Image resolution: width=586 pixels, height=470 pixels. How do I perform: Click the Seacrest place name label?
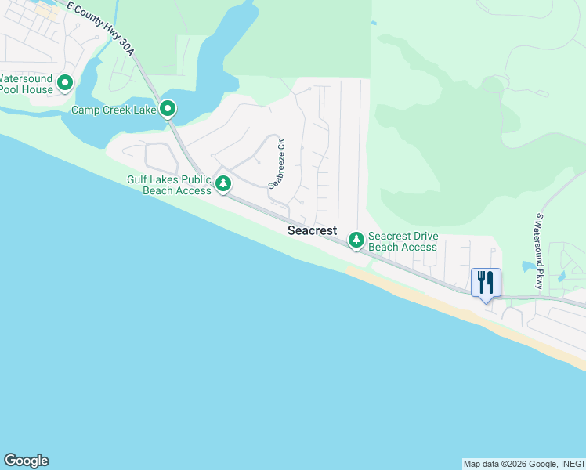[x=312, y=230]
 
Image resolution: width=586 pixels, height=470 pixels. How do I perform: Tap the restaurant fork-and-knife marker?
[x=486, y=283]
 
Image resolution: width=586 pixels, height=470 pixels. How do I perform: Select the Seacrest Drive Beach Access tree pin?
[x=356, y=238]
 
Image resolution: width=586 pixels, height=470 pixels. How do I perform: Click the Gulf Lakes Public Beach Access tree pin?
[x=223, y=183]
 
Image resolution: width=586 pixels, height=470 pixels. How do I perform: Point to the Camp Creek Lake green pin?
[x=167, y=109]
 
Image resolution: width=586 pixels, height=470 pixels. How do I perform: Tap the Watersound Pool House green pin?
[x=65, y=81]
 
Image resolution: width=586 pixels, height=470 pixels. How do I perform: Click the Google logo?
[x=26, y=461]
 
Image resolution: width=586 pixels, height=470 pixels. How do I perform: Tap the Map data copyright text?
[x=523, y=464]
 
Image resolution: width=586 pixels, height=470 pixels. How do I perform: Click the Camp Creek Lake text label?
[x=114, y=110]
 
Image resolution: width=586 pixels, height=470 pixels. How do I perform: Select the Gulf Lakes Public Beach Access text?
[x=169, y=185]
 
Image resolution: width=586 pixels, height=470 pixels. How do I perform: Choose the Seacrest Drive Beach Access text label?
[x=403, y=241]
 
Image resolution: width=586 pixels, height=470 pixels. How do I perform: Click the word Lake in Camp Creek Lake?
[x=144, y=110]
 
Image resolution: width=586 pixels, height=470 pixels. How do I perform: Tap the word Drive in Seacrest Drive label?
[x=424, y=236]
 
